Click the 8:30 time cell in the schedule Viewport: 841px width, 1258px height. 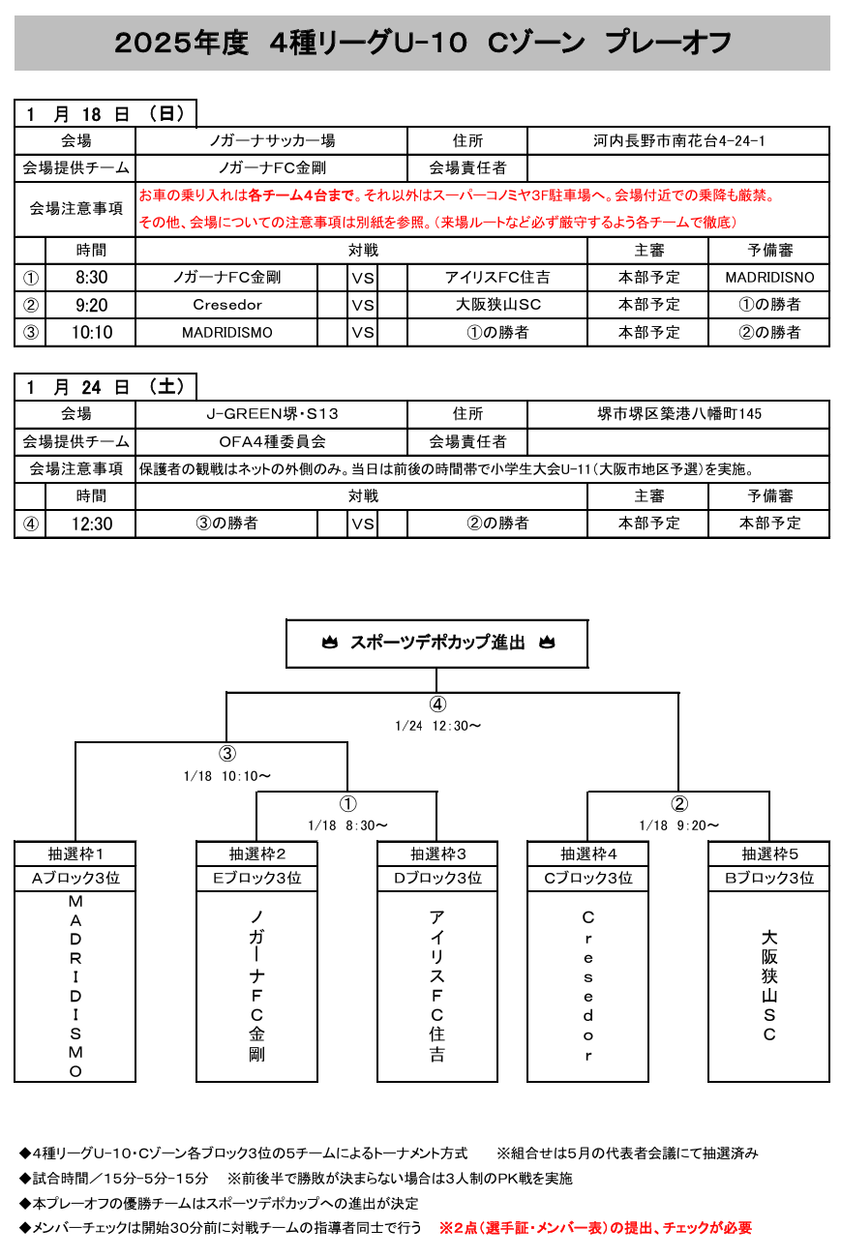click(91, 278)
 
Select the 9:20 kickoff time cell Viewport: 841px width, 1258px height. click(91, 305)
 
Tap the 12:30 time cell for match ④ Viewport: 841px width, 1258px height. click(91, 524)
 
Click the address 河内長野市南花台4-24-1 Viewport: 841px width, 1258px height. click(678, 141)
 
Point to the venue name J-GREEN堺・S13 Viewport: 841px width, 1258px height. click(272, 414)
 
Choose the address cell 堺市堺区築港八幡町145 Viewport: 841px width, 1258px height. click(678, 414)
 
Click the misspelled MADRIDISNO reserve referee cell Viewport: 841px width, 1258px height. click(769, 278)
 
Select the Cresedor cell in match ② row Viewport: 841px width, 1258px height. click(227, 305)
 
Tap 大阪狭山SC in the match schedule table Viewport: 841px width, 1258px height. click(497, 305)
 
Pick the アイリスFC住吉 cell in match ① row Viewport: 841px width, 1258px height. click(497, 278)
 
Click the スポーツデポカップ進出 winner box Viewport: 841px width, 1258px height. click(436, 643)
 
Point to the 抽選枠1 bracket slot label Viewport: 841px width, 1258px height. click(75, 854)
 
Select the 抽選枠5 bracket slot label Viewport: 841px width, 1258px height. click(769, 854)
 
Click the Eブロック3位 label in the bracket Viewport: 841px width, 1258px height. click(256, 879)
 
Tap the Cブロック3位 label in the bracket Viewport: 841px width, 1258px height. click(587, 879)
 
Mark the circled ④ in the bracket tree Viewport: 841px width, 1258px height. click(438, 704)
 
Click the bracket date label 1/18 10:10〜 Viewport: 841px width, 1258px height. click(227, 776)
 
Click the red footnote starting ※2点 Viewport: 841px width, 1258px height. click(595, 1228)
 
